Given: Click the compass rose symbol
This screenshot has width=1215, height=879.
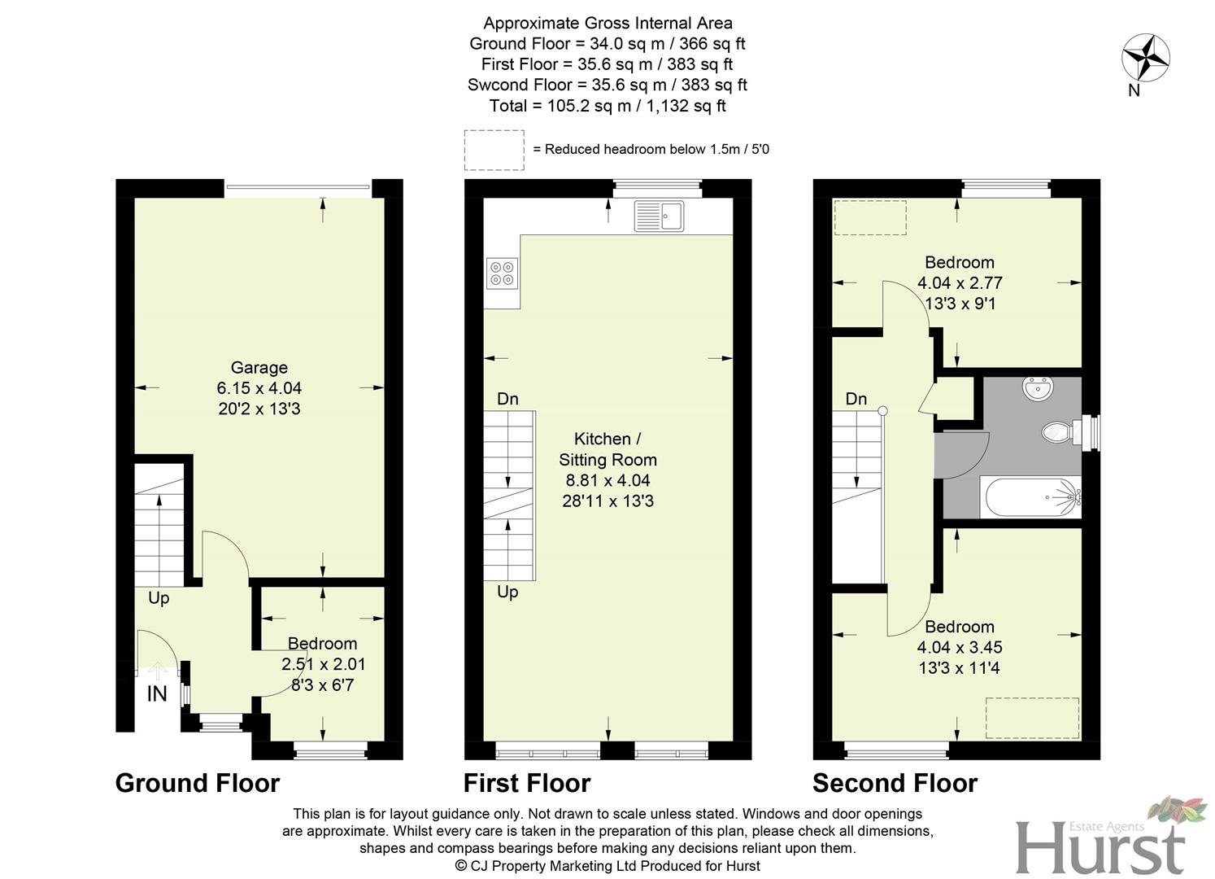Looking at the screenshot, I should coord(1145,58).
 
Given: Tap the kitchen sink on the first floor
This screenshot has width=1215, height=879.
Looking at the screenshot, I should coord(659,216).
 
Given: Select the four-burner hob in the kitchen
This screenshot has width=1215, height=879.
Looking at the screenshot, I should coord(501,273).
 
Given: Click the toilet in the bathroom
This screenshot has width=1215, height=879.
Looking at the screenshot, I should coord(1058,431).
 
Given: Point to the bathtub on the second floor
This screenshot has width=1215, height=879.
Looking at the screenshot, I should coord(1031,497).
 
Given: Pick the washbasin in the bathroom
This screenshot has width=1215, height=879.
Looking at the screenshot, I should coord(1037,388).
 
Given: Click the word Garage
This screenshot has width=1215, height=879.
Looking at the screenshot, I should coord(259,367).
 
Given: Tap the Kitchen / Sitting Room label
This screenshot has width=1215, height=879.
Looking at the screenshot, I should coord(607,449).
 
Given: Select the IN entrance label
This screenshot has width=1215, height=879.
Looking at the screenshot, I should coord(156,694).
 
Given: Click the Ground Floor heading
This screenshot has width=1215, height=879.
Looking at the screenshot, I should coord(198,783).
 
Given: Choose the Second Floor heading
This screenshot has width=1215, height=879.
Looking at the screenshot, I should coord(895,783).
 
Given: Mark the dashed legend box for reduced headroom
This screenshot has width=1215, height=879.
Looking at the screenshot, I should coord(494,150).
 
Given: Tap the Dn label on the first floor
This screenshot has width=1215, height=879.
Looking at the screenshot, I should coord(507,399).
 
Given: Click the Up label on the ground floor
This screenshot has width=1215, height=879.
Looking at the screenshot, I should coord(159,598).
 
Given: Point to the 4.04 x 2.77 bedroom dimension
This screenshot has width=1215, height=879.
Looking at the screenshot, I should coord(960,283).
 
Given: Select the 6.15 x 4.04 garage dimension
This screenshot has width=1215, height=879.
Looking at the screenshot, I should coord(259,388).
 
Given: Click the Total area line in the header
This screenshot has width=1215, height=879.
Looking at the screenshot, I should coord(607,106).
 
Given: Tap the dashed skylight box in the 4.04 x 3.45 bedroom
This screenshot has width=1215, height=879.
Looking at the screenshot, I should coord(1032,718).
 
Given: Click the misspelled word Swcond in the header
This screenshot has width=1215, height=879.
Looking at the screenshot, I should coord(495,85).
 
